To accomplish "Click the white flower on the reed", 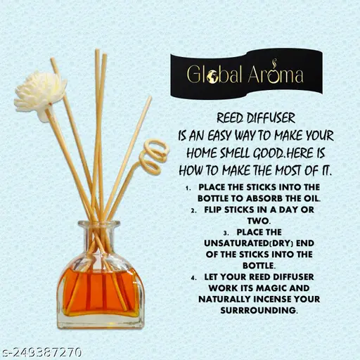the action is point(40,96).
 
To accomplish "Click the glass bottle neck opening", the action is point(99,224).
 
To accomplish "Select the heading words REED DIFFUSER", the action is point(256,118).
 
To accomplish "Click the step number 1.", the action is point(187,188).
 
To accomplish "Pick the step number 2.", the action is point(193,211).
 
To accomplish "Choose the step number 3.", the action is point(226,233).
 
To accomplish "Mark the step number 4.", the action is point(193,278).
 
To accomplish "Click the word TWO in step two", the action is point(259,221).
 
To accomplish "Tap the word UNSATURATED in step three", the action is point(236,243).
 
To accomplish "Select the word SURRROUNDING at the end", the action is point(259,310).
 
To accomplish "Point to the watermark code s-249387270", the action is point(41,352).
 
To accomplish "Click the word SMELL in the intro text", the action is point(235,153).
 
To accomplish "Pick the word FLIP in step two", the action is point(213,210).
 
